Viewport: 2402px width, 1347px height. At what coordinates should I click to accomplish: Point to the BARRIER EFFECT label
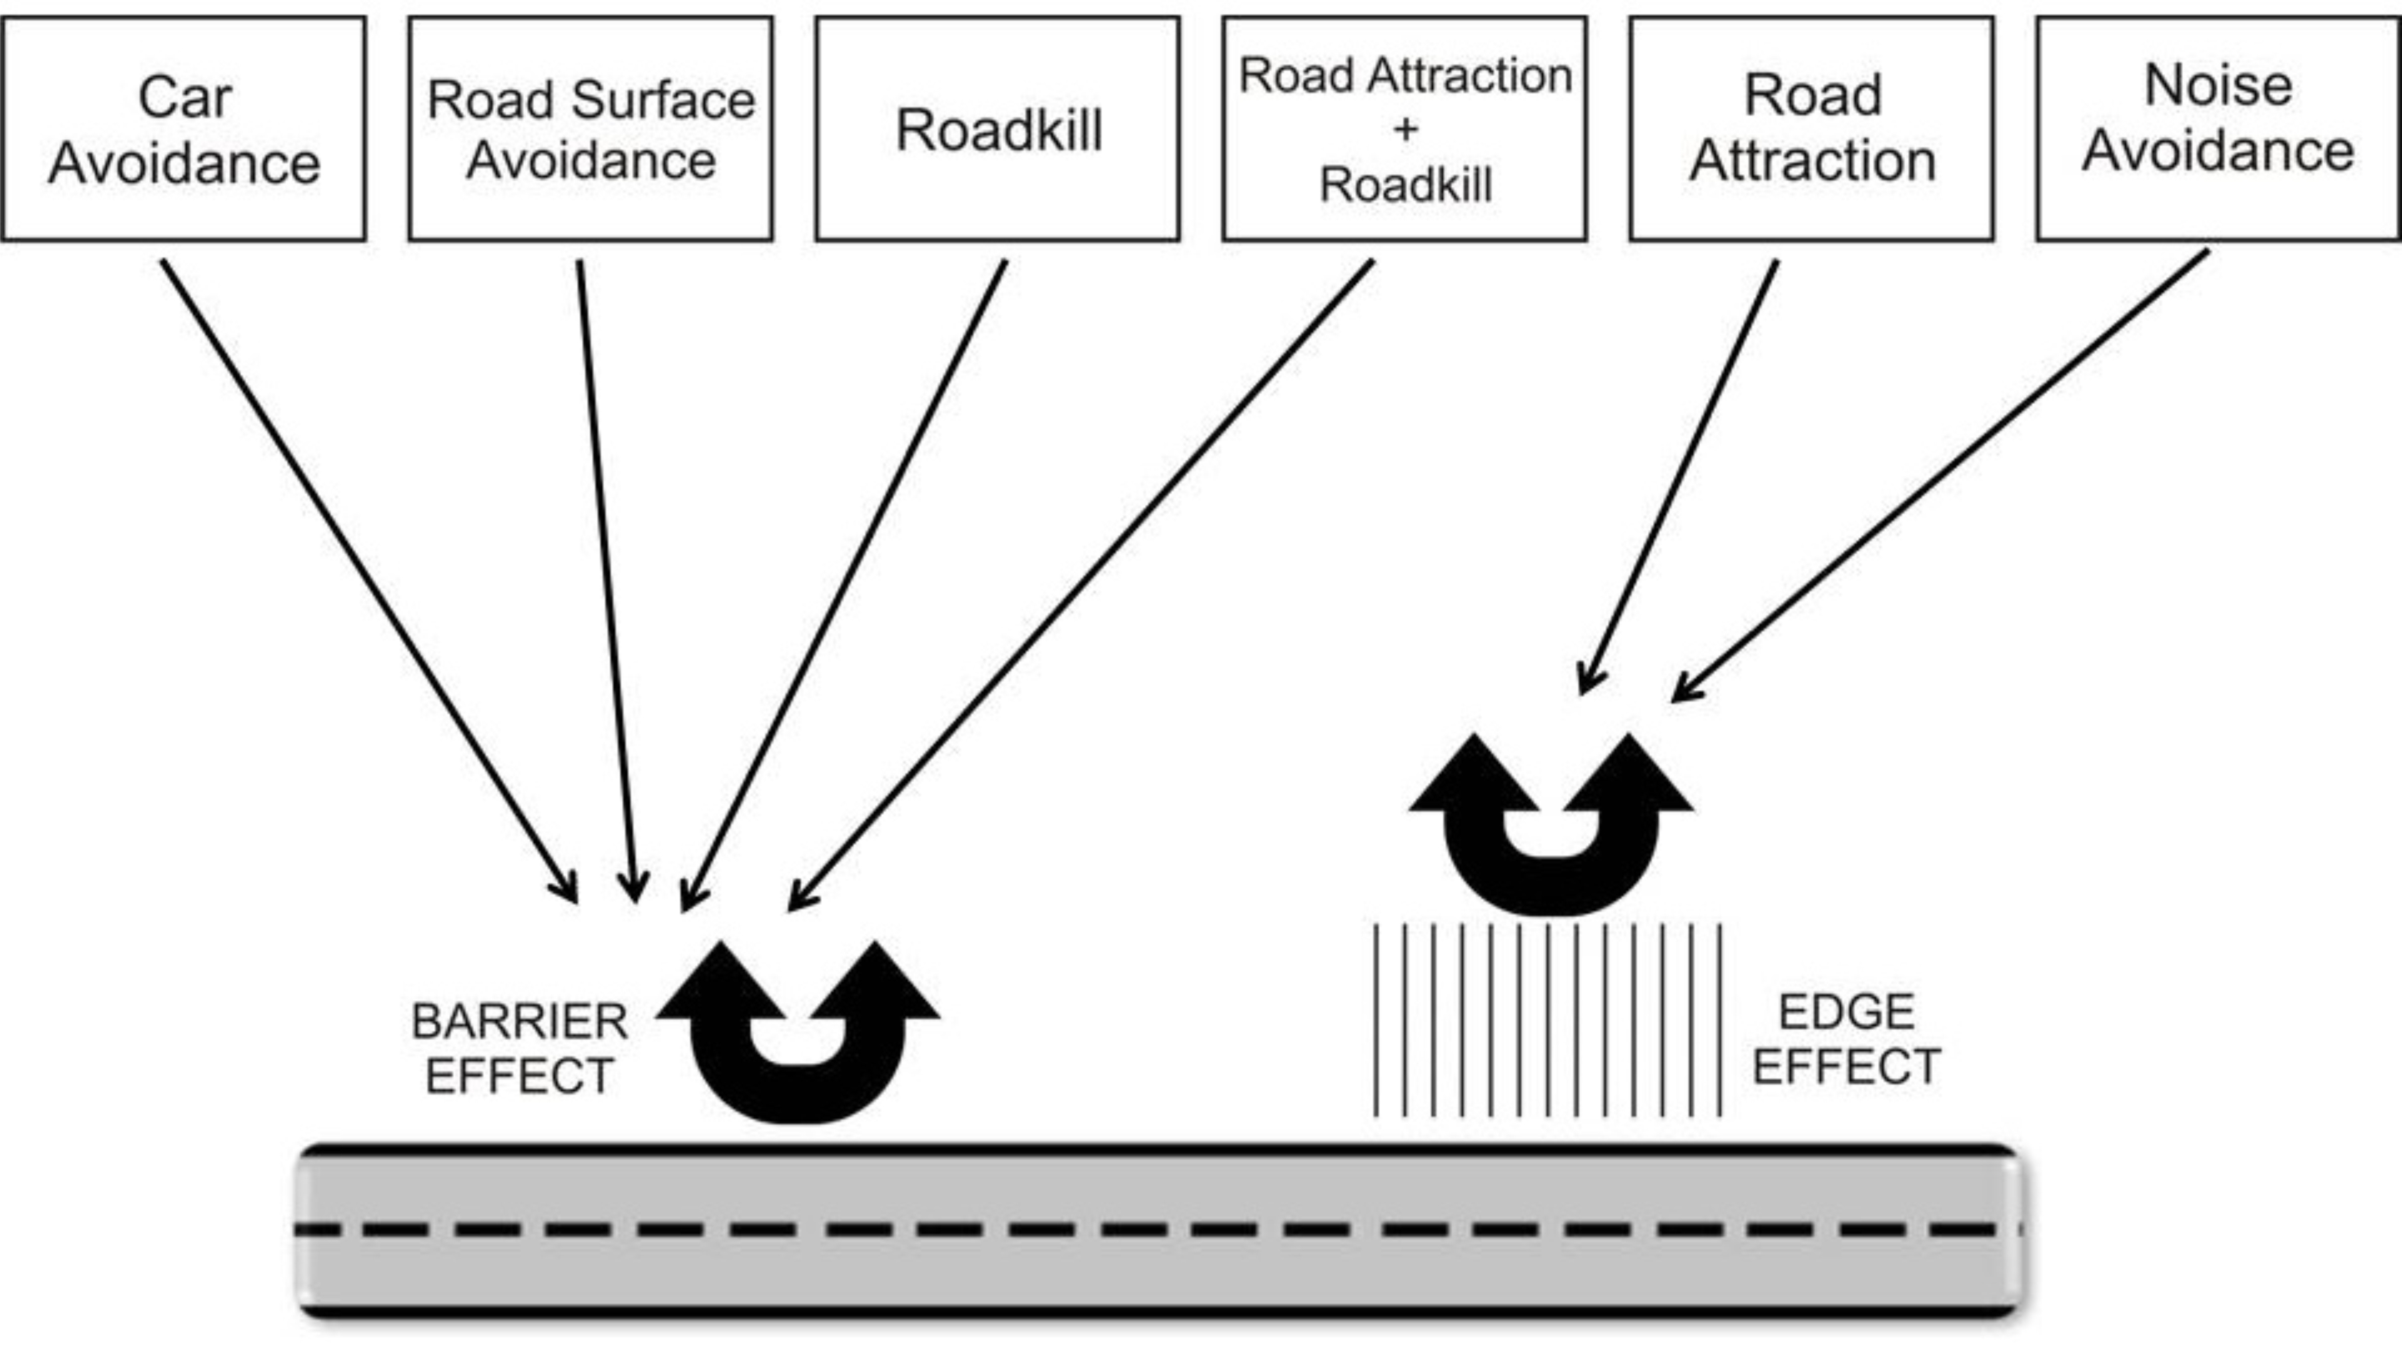(519, 1049)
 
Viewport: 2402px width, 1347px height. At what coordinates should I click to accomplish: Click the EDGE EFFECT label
(1846, 1039)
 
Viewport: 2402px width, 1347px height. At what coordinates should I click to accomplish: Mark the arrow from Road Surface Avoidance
(607, 581)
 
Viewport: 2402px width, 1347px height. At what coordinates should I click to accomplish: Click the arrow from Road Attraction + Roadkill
(1081, 585)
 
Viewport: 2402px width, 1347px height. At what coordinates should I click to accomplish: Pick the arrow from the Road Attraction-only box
(1678, 477)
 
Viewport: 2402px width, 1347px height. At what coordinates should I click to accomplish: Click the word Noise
(2218, 86)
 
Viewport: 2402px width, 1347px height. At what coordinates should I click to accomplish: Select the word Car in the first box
(185, 97)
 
